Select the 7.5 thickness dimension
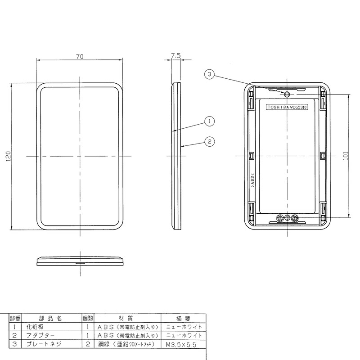point(176,56)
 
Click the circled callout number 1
point(209,121)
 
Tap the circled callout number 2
point(209,141)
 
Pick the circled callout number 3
point(209,74)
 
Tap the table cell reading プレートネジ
point(43,344)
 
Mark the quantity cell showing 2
point(87,344)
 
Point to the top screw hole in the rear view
point(287,94)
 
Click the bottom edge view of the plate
point(80,261)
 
